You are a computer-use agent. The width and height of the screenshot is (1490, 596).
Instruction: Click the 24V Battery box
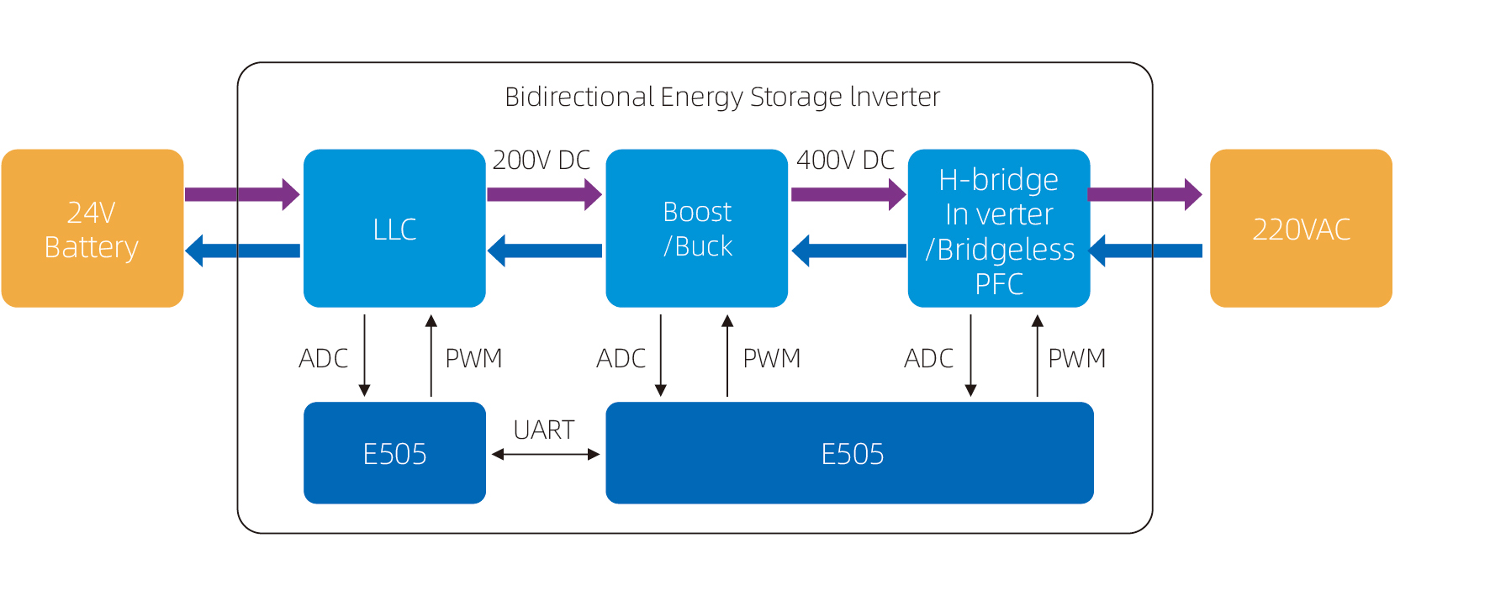click(92, 229)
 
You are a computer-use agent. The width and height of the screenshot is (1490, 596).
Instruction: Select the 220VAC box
click(1300, 229)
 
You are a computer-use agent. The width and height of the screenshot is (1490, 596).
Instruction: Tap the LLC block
click(394, 229)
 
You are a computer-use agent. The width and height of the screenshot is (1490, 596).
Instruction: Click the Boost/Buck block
click(696, 229)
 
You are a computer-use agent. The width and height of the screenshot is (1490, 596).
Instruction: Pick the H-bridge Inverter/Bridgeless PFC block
click(998, 229)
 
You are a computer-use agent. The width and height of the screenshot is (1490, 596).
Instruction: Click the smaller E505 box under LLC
click(394, 453)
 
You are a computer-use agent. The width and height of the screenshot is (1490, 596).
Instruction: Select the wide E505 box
click(849, 453)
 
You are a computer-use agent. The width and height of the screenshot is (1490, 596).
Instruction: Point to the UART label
click(544, 430)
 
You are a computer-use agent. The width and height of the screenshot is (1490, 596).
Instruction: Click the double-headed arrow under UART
click(545, 454)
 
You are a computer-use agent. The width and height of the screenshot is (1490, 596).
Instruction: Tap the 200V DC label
click(542, 160)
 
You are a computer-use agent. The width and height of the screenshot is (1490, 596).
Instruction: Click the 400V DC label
click(845, 160)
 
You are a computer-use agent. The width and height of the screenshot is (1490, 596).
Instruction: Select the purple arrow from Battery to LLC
click(242, 194)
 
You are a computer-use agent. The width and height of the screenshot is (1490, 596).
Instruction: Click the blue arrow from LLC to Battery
click(242, 251)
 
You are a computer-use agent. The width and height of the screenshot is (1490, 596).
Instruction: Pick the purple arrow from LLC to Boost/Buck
click(544, 194)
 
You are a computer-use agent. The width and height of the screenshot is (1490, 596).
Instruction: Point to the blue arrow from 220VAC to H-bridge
click(1145, 251)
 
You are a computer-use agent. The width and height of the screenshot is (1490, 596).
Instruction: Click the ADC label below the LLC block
click(323, 359)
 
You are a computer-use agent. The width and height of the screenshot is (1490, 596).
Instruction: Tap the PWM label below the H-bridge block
click(1076, 359)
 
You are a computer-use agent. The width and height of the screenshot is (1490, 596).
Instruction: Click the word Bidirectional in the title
click(579, 97)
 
